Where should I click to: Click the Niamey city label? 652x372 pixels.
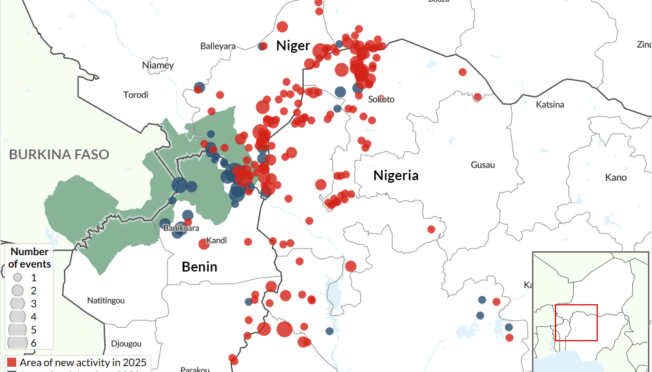coord(158,65)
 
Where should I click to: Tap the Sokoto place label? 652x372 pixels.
coord(381,99)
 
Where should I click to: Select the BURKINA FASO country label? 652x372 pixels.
coord(59,155)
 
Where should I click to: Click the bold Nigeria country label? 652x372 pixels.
coord(395,176)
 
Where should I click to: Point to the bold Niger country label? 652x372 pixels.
coord(292,45)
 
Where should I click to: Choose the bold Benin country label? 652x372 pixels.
coord(199,266)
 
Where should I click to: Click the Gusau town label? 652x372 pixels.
coord(482,165)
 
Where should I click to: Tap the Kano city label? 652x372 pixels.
coord(615,178)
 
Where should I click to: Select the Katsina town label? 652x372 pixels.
coord(549,104)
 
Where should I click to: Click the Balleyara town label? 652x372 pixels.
coord(218,46)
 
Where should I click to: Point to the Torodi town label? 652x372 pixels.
coord(136,95)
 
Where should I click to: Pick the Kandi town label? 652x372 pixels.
coord(216,241)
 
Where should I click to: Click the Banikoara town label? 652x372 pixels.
coord(181,228)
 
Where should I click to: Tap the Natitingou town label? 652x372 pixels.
coord(106,300)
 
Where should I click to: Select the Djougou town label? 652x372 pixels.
coord(126,343)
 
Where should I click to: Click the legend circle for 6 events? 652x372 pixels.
coord(17,343)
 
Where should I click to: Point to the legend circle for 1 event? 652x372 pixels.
coord(17,277)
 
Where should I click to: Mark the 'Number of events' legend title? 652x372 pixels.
coord(30,258)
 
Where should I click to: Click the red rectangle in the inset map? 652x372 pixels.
coord(576,322)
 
